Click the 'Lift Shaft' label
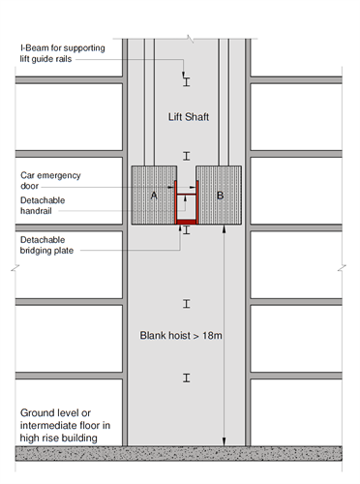pos(189,116)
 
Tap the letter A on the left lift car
pos(154,196)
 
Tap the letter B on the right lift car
pos(220,196)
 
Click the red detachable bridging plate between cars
pos(187,222)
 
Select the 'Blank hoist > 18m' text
pos(181,336)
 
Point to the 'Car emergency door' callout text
pos(50,180)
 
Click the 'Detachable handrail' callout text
pos(43,205)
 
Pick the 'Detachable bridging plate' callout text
pos(46,245)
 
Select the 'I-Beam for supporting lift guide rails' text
pos(62,53)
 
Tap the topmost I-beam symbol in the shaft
pos(187,82)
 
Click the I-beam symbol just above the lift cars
pos(187,156)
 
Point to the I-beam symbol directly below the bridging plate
pos(187,229)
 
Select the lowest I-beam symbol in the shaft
pos(187,378)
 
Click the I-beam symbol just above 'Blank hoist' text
pos(187,304)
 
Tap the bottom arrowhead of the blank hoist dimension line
pos(225,442)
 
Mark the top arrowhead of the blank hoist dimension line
pos(225,229)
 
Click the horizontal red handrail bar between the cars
pos(187,195)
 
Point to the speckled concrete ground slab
pos(179,453)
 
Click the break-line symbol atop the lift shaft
pos(191,39)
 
